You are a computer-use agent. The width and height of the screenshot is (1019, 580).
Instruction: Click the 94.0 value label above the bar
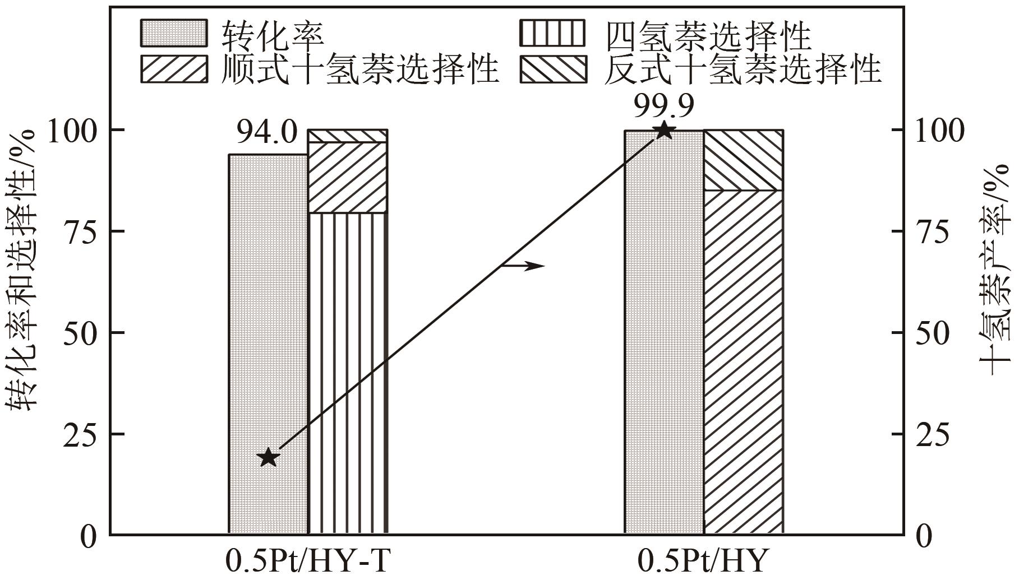pos(265,133)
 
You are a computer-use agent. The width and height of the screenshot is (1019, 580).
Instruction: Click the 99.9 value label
pos(664,105)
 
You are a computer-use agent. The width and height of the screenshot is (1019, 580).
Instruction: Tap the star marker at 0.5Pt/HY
pos(664,131)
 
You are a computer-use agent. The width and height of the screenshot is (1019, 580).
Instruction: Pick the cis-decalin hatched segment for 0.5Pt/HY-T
pos(348,178)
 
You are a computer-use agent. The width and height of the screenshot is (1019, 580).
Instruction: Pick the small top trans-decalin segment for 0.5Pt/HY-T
pos(348,136)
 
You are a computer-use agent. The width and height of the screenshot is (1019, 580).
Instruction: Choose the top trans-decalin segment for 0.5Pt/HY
pos(743,160)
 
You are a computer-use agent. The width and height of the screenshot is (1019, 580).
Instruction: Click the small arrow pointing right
pos(523,265)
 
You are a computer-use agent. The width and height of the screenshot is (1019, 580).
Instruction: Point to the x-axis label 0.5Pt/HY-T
pos(307,562)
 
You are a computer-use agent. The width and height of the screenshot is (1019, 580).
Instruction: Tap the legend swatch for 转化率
pos(173,33)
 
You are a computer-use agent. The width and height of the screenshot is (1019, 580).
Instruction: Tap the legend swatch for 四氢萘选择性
pos(552,33)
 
